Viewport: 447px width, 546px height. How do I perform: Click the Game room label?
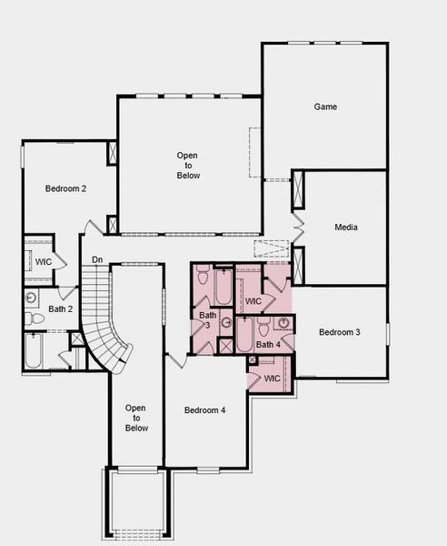tap(325, 107)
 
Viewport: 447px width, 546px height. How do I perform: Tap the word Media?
tap(345, 227)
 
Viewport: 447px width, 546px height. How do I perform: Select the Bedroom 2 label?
tap(66, 189)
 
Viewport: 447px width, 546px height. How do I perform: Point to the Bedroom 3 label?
tap(339, 333)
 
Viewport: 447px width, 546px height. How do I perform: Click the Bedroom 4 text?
tap(204, 410)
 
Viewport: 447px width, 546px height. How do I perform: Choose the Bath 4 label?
tap(268, 345)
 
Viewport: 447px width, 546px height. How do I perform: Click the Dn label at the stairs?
tap(97, 261)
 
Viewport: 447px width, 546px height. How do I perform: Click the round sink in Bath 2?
tap(31, 297)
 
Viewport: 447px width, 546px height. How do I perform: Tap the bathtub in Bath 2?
tap(33, 354)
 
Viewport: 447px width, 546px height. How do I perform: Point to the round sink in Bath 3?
tap(224, 322)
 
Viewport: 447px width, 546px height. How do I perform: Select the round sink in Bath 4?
tap(283, 322)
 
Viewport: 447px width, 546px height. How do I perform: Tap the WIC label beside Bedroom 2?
tap(43, 262)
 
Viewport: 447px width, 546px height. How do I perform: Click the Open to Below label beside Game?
tap(188, 166)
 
